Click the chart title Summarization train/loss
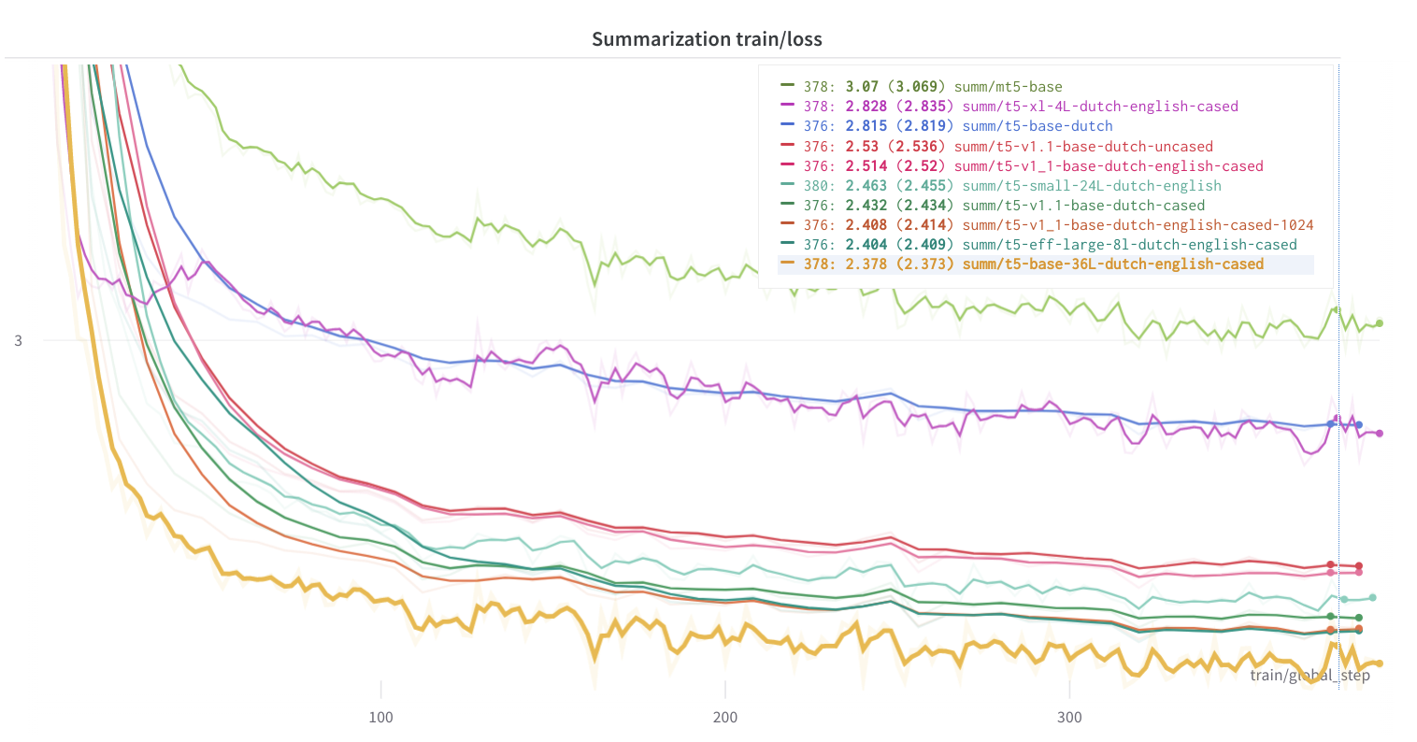pos(707,39)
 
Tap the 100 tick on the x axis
pos(380,718)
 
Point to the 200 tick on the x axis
pos(724,718)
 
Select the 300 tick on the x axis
pos(1069,718)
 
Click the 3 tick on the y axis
pos(19,341)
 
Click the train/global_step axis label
pos(1310,676)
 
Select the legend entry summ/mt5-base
pos(1008,87)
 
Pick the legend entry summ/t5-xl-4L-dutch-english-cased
pos(1099,107)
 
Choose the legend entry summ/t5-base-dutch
pos(1038,126)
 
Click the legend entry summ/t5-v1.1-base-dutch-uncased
pos(1087,147)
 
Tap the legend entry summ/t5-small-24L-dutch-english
pos(1092,186)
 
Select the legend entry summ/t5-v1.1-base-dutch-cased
pos(1083,206)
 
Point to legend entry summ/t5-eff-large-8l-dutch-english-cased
pos(1129,245)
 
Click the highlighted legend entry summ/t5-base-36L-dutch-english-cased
pos(1112,264)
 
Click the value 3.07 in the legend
pos(862,87)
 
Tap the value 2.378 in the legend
pos(866,264)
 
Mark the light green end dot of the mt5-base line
pos(1379,323)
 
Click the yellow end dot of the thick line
pos(1379,664)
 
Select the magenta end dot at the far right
pos(1379,434)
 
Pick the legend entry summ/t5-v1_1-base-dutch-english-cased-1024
pos(1138,225)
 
